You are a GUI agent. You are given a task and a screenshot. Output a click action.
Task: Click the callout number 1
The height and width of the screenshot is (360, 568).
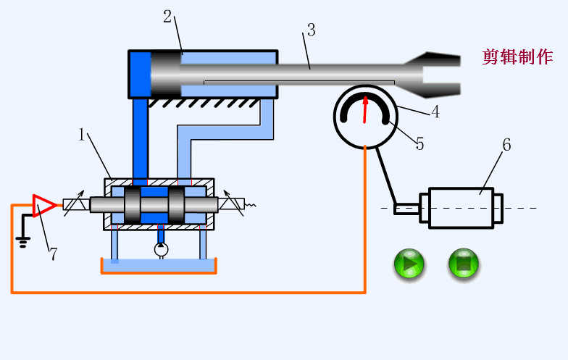coord(83,134)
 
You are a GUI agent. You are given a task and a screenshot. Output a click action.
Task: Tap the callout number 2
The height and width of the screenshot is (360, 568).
coord(167,17)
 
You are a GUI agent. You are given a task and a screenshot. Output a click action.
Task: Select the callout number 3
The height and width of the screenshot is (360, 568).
coord(311,30)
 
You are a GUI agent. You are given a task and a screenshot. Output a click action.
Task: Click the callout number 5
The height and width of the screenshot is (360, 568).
coord(419,143)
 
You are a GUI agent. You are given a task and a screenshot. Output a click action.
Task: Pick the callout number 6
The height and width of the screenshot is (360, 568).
coord(506,145)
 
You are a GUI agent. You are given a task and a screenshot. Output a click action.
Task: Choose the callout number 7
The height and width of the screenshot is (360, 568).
coord(52,254)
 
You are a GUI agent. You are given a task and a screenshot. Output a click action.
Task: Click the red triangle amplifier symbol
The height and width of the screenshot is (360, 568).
coord(43,205)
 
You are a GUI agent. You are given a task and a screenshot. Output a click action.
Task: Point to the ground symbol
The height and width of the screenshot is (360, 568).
coord(23,242)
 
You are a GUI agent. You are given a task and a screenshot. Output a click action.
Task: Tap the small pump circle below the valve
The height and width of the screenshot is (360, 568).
coord(161,250)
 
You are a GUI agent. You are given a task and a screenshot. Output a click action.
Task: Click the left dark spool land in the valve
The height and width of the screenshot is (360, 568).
coord(133,206)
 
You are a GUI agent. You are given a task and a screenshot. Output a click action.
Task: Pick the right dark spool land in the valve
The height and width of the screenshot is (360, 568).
coord(177,206)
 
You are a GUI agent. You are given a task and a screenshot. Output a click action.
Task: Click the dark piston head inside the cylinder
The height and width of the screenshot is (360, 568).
coord(165,73)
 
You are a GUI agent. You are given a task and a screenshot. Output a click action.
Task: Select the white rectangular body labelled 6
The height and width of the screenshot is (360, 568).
coord(461,209)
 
